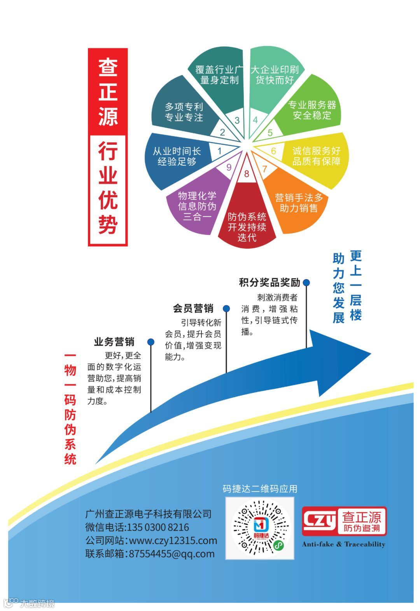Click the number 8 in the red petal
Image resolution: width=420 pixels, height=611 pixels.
tap(247, 174)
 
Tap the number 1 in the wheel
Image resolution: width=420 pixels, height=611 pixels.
tap(219, 151)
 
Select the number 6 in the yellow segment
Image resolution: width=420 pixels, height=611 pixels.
tap(273, 151)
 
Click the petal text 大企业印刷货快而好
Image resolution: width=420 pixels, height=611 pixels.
tap(275, 75)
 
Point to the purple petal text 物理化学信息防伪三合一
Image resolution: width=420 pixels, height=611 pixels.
tap(197, 206)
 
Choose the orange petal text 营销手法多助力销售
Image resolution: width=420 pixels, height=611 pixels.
tap(299, 203)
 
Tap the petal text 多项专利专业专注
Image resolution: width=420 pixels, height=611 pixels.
tap(184, 112)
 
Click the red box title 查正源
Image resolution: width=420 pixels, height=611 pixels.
tap(108, 92)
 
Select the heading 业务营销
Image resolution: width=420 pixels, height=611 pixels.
tap(114, 342)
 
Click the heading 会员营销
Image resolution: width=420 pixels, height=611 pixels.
tap(193, 308)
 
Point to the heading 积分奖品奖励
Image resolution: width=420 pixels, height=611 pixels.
tap(269, 282)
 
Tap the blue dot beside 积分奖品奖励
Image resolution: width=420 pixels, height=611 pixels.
tap(306, 282)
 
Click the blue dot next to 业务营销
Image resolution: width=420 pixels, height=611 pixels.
tap(151, 342)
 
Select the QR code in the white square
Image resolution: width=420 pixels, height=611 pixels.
tap(260, 528)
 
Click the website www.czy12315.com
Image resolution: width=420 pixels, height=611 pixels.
tap(173, 541)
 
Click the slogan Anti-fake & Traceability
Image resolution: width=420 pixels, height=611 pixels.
tap(343, 544)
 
